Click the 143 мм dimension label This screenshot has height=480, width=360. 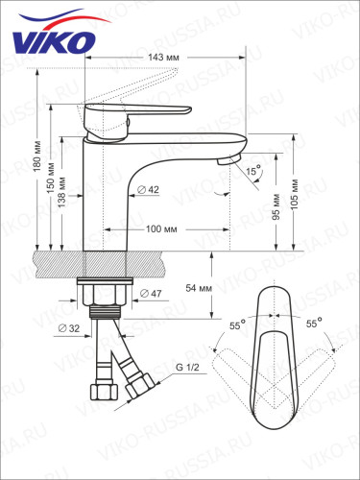[164, 57]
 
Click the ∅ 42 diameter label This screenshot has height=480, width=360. [148, 190]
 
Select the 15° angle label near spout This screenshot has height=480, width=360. [252, 170]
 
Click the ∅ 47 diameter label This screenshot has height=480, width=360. [152, 293]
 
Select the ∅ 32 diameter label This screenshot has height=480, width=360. [69, 329]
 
